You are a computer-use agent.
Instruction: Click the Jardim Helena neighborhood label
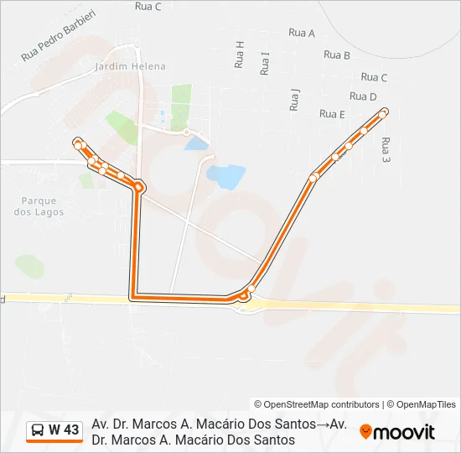coord(131,66)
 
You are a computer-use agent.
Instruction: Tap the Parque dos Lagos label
coord(39,206)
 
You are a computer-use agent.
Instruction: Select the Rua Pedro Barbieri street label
coord(59,34)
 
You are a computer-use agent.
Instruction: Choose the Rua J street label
coord(293,100)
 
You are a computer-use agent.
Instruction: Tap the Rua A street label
coord(301,33)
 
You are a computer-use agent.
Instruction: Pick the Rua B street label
coord(336,55)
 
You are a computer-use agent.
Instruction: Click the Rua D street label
coord(363,96)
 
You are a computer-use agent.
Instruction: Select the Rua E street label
coord(332,114)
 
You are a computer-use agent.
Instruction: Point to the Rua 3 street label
coord(386,150)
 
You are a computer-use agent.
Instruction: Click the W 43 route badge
coord(54,430)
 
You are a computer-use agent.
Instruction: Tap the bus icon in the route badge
coord(39,430)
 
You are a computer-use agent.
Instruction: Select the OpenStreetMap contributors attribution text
coord(317,404)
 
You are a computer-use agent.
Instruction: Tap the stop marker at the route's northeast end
coord(384,112)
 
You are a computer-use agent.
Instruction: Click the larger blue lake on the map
coord(225,176)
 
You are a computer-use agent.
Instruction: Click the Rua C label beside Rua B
coord(373,78)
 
